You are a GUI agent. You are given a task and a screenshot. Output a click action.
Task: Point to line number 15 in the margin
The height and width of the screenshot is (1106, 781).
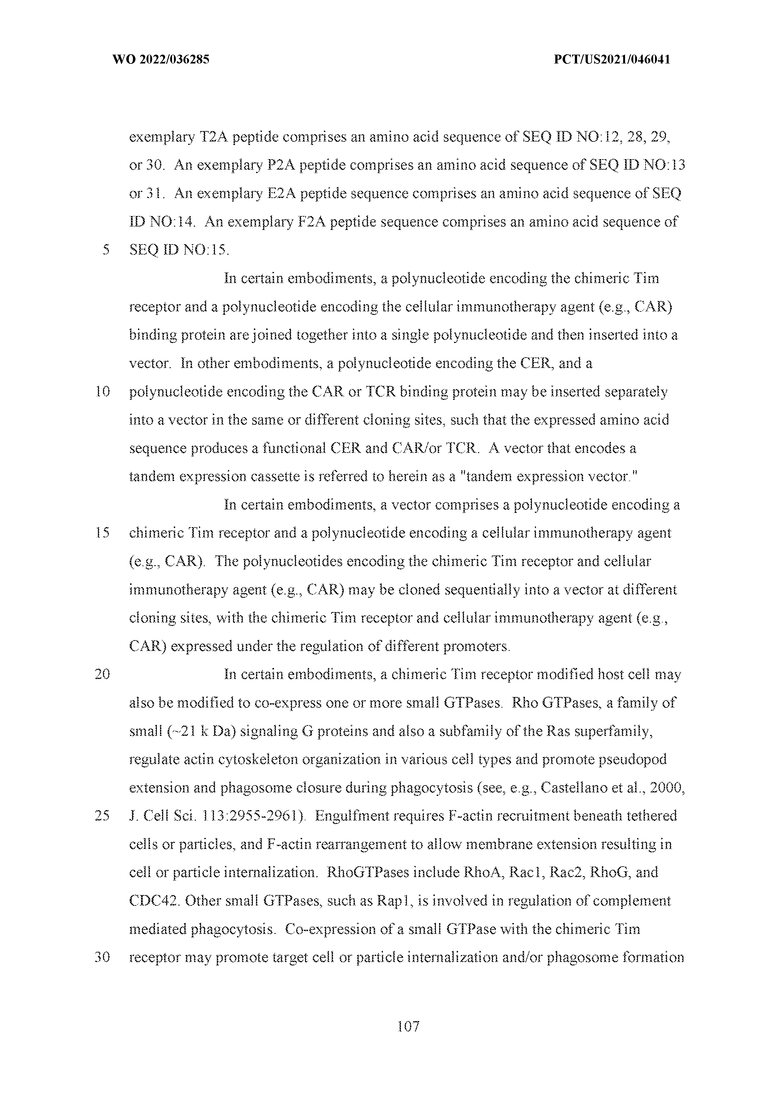(x=103, y=533)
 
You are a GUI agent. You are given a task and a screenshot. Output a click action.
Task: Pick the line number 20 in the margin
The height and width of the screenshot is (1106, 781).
(x=103, y=674)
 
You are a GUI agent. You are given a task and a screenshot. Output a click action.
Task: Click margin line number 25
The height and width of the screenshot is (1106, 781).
(x=103, y=816)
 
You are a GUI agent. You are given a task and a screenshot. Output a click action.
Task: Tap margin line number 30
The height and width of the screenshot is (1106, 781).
(x=103, y=957)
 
